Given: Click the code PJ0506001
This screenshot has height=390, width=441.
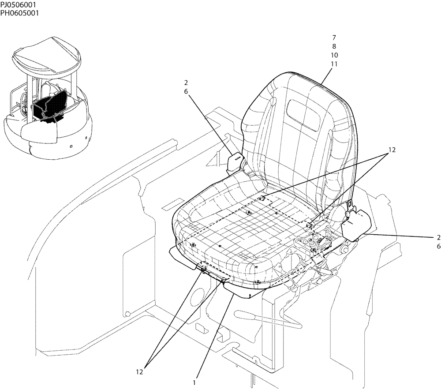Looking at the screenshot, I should pos(19,4).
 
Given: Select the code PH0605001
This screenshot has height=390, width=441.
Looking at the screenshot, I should pos(19,13).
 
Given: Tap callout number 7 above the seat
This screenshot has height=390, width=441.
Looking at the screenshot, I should pos(334,37).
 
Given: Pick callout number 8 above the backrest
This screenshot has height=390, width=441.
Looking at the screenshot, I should pos(334,46).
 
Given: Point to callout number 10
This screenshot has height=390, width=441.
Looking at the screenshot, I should pos(334,55).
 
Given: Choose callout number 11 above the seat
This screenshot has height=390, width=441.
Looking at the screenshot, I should pos(334,64).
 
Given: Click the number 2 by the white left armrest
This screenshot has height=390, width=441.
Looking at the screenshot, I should pos(187,82).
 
